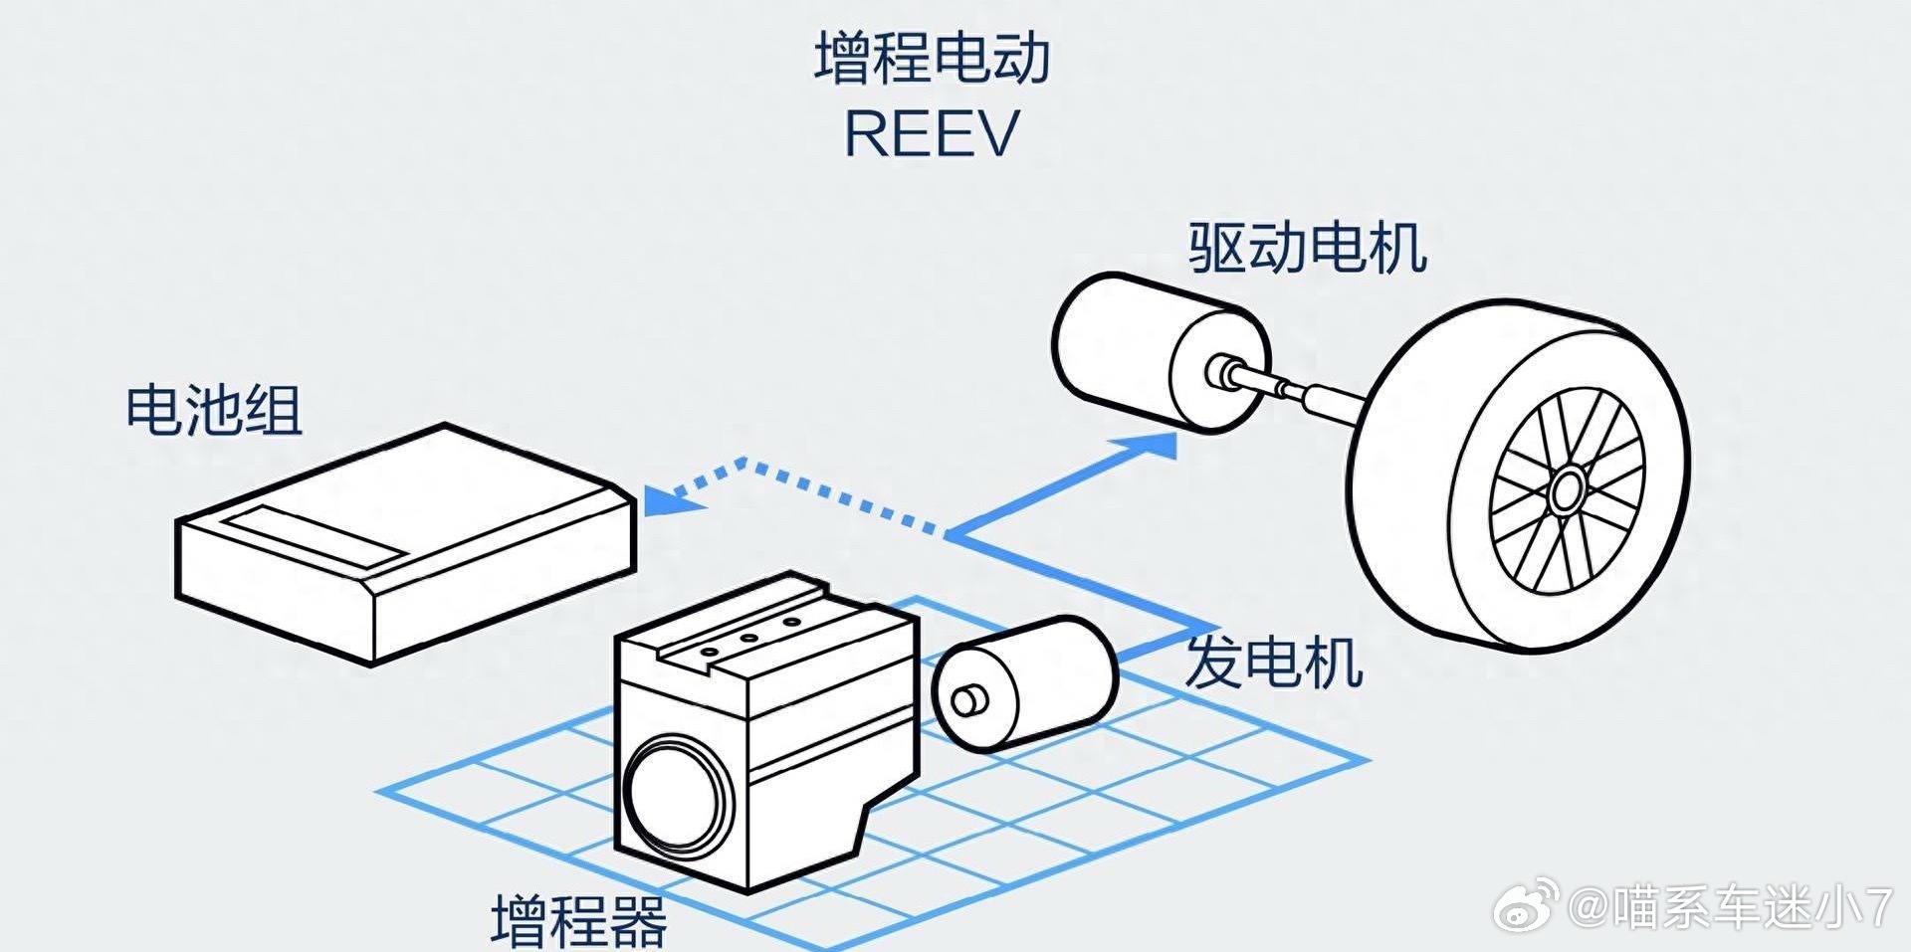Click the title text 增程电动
933,58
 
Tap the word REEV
933,133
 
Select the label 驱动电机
1308,248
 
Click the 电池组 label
214,409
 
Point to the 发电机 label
1274,662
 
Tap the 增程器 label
579,921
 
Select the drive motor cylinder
1160,353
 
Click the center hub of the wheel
1568,489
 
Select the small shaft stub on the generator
966,700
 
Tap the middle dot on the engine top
749,638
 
